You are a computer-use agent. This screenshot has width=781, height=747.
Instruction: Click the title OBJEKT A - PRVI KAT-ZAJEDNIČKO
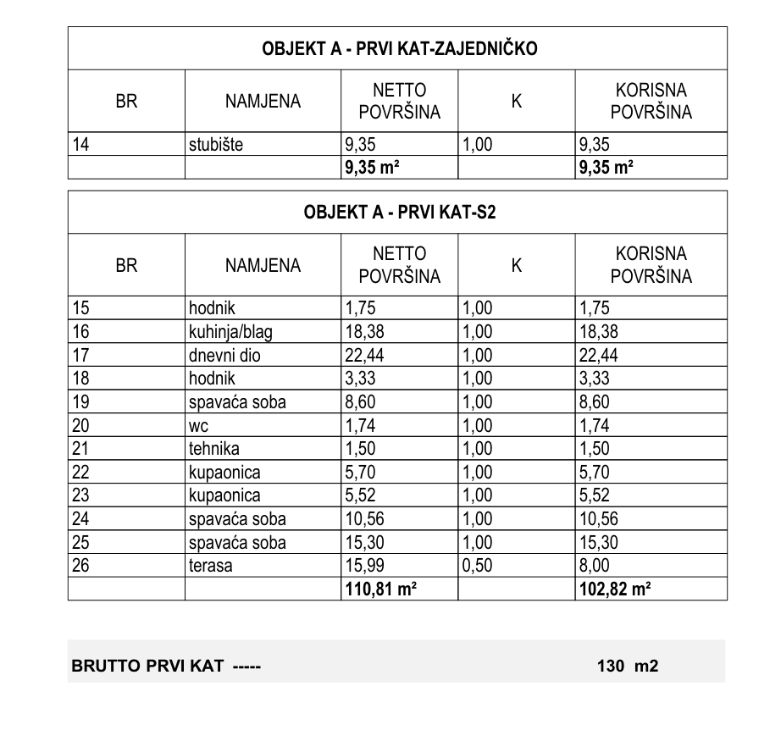click(397, 49)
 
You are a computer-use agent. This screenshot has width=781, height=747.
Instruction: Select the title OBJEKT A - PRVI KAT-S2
click(397, 213)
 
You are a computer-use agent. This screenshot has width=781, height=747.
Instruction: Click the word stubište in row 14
click(215, 145)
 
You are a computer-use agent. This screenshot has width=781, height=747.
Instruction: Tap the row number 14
click(81, 145)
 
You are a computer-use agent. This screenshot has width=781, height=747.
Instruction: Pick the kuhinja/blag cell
click(230, 332)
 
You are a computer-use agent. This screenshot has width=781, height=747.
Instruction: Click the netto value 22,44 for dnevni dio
click(363, 356)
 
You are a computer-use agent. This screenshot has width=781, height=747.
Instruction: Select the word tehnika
click(213, 449)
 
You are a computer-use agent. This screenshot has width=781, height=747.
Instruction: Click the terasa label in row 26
click(210, 566)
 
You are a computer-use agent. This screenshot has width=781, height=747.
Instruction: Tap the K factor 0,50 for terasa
click(476, 566)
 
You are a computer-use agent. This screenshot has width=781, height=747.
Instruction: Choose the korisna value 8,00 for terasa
click(594, 566)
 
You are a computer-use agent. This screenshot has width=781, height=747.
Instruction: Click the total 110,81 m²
click(379, 589)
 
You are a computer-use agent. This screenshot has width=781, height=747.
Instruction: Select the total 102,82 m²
click(614, 589)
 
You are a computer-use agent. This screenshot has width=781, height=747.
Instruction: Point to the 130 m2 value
click(627, 667)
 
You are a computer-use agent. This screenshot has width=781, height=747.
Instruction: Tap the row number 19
click(81, 402)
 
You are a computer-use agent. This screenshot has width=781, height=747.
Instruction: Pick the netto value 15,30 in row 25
click(363, 543)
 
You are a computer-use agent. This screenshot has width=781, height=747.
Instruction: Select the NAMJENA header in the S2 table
click(263, 266)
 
